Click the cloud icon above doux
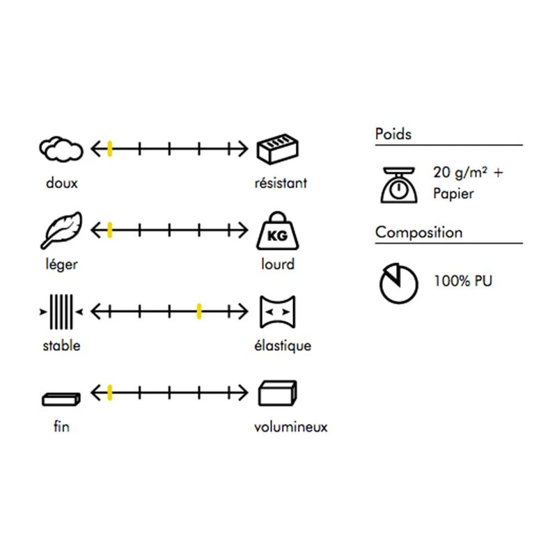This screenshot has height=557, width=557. (61, 149)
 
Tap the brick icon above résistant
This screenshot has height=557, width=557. (277, 149)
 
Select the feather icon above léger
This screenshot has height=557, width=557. (61, 230)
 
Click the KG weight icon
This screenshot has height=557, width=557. (277, 231)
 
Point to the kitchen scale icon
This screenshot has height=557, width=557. (398, 185)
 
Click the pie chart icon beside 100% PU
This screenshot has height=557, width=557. (398, 283)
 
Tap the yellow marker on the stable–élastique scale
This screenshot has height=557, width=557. (199, 311)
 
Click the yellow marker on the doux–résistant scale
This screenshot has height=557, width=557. (110, 149)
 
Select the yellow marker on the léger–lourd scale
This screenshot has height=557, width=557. (110, 230)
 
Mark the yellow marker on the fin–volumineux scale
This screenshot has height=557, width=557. (110, 393)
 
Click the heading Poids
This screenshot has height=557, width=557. (393, 134)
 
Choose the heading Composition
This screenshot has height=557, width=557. (419, 233)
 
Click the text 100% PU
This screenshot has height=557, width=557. (463, 281)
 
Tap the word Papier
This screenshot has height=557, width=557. (453, 194)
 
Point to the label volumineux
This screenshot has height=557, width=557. (290, 427)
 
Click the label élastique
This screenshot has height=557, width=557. (283, 345)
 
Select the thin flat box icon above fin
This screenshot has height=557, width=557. (61, 399)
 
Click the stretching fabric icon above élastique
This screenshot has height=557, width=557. (277, 312)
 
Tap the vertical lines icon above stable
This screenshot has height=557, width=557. (61, 312)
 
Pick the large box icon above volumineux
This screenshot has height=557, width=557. (277, 393)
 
